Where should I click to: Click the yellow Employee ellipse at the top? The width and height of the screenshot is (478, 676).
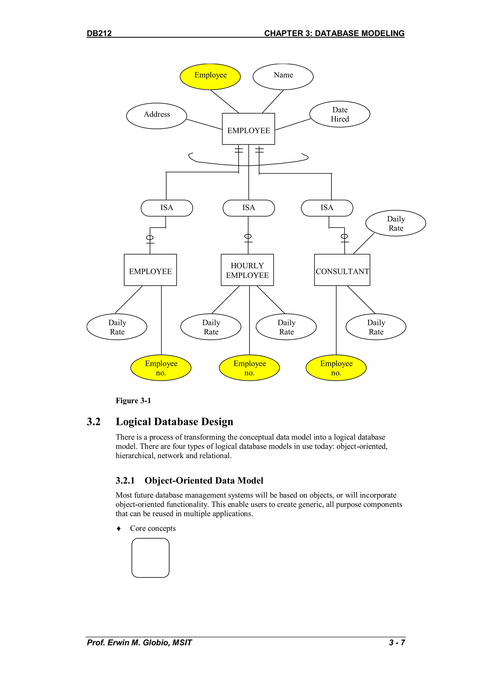(x=210, y=77)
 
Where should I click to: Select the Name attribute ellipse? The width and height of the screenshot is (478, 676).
(x=283, y=77)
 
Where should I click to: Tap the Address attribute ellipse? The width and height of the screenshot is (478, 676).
(x=157, y=116)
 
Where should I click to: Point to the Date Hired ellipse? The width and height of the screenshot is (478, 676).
(x=340, y=114)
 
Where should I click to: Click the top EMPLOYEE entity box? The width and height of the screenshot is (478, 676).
(x=248, y=129)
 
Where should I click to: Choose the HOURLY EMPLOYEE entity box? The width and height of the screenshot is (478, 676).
(x=247, y=270)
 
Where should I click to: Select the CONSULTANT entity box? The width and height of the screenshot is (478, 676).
(x=342, y=270)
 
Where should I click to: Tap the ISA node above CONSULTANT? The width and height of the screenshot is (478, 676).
(x=327, y=208)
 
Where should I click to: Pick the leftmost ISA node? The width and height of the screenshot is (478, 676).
(x=167, y=208)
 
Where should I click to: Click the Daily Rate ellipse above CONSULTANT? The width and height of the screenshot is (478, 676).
(x=396, y=223)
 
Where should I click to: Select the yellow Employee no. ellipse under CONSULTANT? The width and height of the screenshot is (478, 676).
(x=336, y=368)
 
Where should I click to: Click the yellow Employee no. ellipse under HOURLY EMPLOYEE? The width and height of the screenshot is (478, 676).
(x=249, y=368)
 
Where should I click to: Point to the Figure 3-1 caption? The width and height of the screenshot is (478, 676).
(x=133, y=401)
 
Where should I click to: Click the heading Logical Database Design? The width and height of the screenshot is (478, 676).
(x=174, y=422)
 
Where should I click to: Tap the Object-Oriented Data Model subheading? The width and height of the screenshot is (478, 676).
(x=204, y=481)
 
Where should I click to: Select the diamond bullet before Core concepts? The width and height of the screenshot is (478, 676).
(x=119, y=528)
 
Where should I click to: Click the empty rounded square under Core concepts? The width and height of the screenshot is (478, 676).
(x=150, y=558)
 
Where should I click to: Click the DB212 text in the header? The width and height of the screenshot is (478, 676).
(x=99, y=33)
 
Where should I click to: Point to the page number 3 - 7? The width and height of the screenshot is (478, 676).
(x=397, y=642)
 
